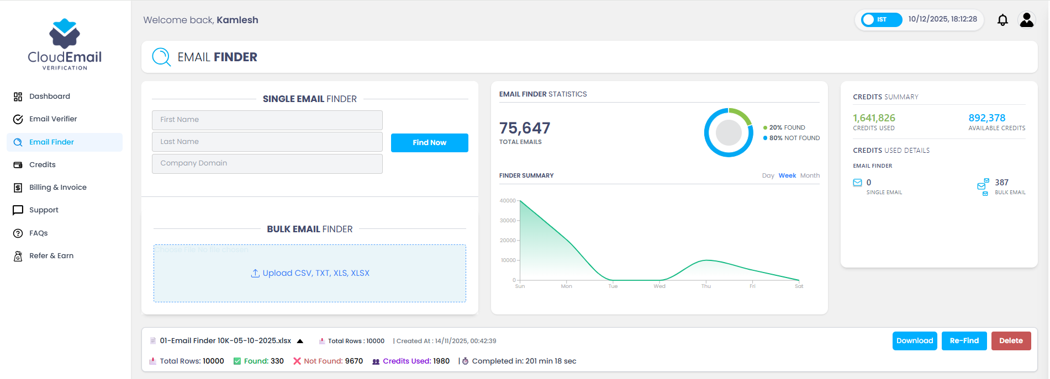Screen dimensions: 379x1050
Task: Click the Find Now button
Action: tap(429, 142)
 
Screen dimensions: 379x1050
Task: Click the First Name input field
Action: tap(267, 120)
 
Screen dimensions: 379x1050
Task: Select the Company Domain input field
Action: tap(267, 163)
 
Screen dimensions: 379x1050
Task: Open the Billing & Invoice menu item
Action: tap(57, 188)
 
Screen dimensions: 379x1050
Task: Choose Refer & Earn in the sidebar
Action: tap(51, 256)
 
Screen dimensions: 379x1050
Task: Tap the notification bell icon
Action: tap(1002, 20)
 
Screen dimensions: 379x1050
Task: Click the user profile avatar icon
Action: tap(1026, 20)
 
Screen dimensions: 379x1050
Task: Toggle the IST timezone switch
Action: tap(881, 20)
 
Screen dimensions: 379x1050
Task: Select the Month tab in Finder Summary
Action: tap(810, 175)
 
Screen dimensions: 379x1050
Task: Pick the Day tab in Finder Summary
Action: tap(768, 175)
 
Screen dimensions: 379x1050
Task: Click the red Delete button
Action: tap(1011, 341)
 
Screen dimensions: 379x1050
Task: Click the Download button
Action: tap(914, 341)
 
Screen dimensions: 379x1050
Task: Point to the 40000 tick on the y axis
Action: tap(508, 201)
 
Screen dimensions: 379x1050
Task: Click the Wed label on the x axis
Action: tap(659, 286)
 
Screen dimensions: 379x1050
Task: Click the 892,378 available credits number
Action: tap(986, 118)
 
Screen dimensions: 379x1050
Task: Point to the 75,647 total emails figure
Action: tap(525, 128)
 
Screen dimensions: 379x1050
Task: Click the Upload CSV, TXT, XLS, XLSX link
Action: tap(310, 273)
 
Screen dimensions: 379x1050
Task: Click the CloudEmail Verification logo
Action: tap(65, 44)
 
